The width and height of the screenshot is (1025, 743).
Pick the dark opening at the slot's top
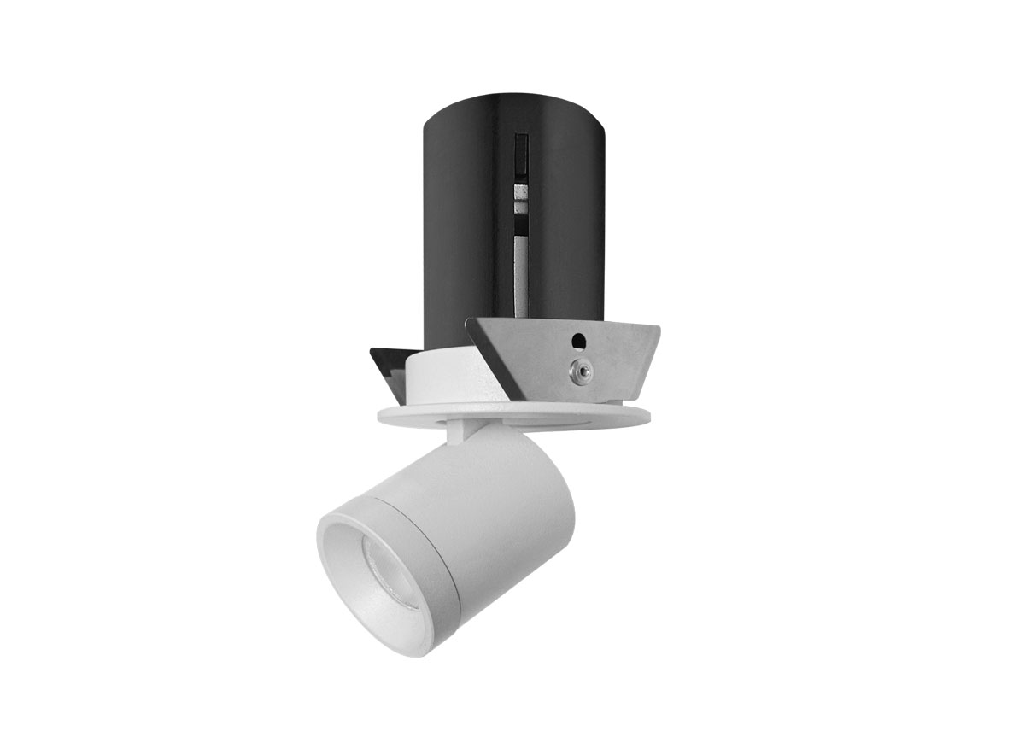[x=518, y=154]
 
